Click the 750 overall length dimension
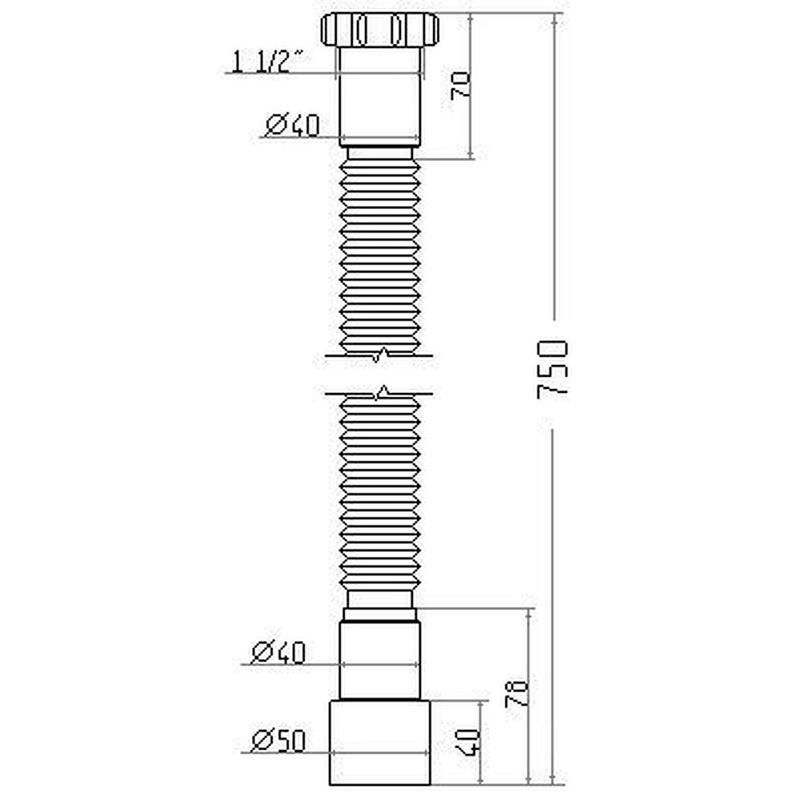[553, 370]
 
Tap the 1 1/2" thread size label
[269, 61]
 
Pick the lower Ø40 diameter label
[278, 653]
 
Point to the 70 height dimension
[460, 84]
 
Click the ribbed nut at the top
[380, 30]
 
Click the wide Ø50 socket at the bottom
[381, 743]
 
